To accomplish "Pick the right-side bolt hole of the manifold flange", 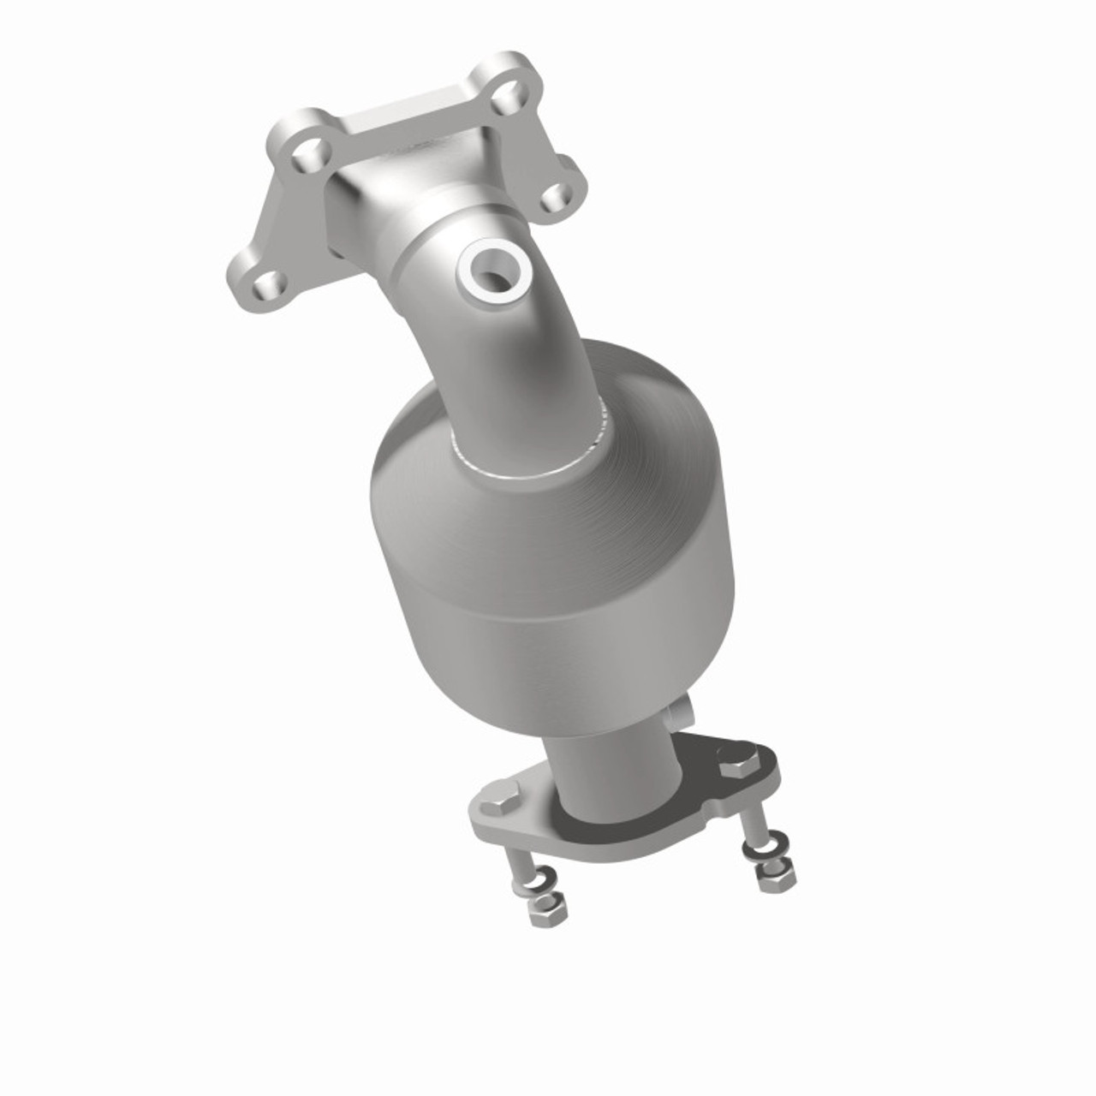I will [x=557, y=199].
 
